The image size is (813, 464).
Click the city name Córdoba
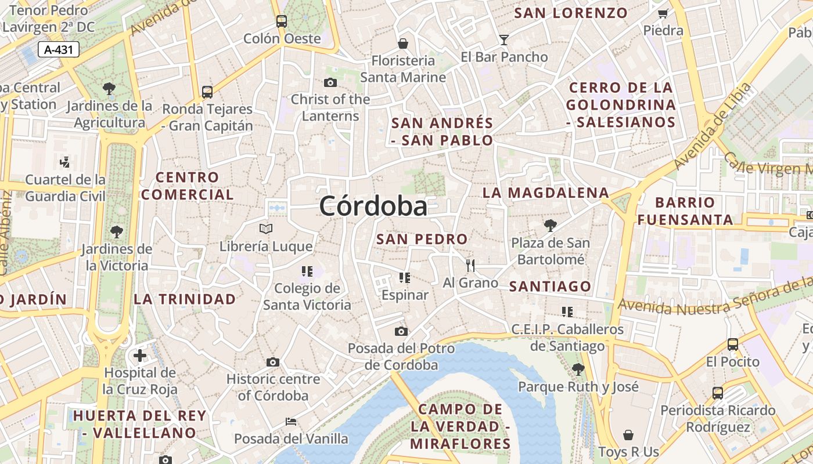click(x=373, y=206)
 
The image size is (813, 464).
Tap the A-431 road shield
click(x=59, y=50)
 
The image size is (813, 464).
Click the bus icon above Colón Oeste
click(x=282, y=21)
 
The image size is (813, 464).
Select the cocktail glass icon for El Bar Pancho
click(x=503, y=39)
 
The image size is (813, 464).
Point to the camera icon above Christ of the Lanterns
click(x=330, y=83)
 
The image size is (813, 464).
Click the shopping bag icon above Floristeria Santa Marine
click(x=402, y=43)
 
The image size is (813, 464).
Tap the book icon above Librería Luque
click(x=266, y=229)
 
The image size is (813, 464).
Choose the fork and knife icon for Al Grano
click(x=470, y=266)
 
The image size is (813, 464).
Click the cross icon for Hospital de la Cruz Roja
click(x=140, y=355)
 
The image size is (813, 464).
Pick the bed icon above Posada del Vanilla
click(x=291, y=421)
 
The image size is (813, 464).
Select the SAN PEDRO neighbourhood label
click(x=422, y=239)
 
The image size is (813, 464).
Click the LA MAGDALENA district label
click(x=546, y=193)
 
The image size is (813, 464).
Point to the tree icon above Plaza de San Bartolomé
click(x=551, y=226)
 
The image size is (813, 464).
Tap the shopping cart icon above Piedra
click(x=663, y=13)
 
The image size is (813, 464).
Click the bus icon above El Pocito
click(x=733, y=345)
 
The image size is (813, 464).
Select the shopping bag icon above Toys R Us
click(x=628, y=434)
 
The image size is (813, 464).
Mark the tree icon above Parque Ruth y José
click(x=578, y=369)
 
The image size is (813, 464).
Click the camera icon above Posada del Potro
click(x=401, y=332)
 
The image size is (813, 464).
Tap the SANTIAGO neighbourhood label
click(x=550, y=286)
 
